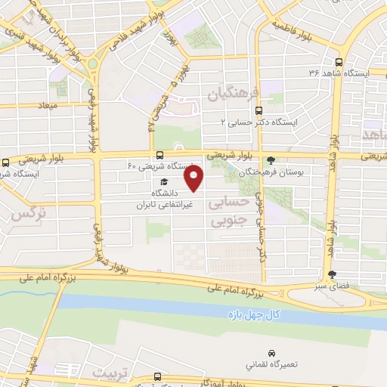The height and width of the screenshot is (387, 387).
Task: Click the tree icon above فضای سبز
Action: [332, 275]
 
